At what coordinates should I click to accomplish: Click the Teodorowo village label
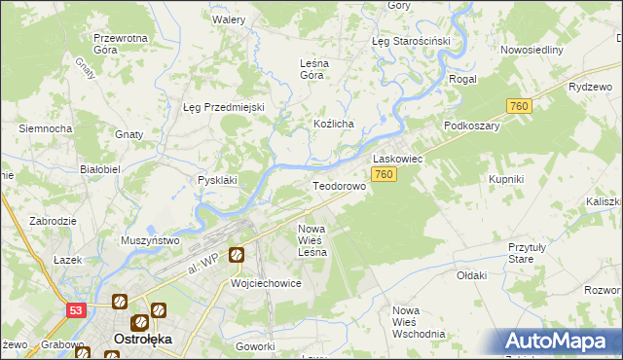pos(339,185)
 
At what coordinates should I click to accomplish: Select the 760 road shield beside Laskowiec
pos(384,174)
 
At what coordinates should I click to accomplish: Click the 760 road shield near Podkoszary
pos(518,106)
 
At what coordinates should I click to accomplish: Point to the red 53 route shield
pos(76,309)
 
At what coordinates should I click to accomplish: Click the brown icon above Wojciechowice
pos(237,256)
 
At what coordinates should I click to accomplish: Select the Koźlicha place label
pos(332,125)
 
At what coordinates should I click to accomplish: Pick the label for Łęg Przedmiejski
pos(224,107)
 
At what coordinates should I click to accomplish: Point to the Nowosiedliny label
pos(532,50)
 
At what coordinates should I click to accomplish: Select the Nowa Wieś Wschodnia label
pos(418,321)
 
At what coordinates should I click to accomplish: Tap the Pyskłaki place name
pos(217,180)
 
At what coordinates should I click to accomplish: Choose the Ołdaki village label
pos(471,275)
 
